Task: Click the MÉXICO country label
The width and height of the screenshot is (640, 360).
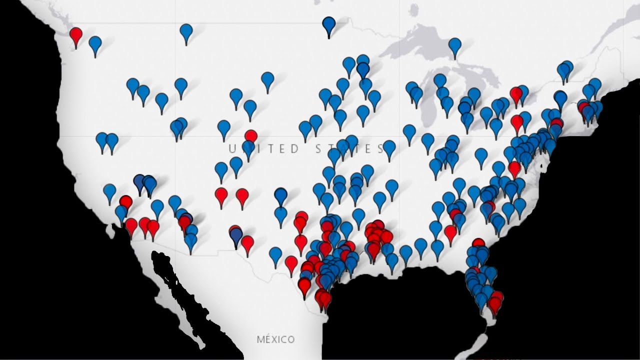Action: (x=275, y=339)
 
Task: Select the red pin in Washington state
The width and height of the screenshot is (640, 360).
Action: (x=75, y=35)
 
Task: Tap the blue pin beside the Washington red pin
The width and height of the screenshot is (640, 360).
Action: (x=95, y=44)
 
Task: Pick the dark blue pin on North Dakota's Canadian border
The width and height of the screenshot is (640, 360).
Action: (x=328, y=24)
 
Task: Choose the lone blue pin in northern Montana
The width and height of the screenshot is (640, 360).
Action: (x=186, y=32)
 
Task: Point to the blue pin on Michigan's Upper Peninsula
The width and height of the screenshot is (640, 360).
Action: (x=454, y=46)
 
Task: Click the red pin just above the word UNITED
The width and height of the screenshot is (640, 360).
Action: (x=251, y=136)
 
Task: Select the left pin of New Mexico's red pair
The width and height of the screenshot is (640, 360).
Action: (x=221, y=195)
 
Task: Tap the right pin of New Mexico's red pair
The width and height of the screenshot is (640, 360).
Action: (x=242, y=195)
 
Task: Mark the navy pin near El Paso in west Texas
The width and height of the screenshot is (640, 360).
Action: (x=236, y=235)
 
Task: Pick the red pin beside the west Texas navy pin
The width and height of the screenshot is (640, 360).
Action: (x=247, y=243)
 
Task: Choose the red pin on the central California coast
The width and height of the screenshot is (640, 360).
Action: (x=125, y=202)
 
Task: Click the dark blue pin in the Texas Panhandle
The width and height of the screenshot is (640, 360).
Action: (x=281, y=194)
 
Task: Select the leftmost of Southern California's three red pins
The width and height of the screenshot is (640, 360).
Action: (x=131, y=225)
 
